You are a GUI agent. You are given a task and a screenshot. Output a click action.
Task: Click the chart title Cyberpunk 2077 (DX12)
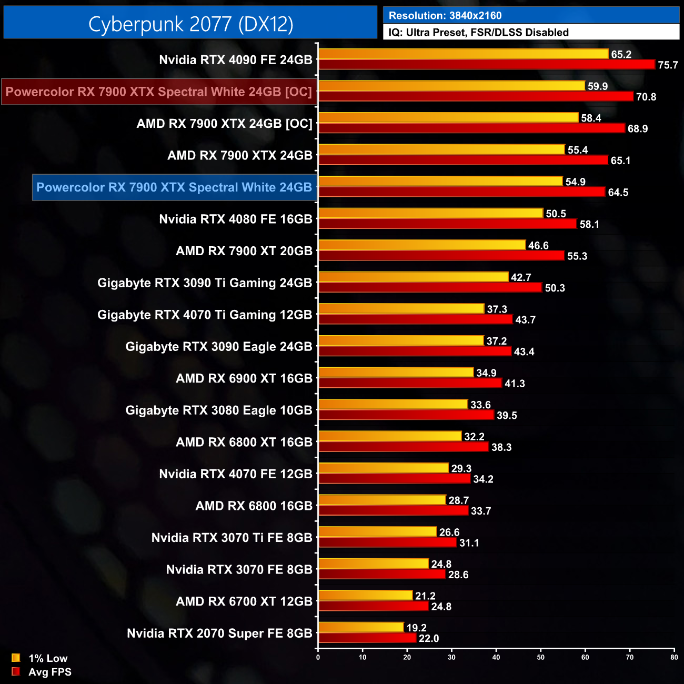coord(190,24)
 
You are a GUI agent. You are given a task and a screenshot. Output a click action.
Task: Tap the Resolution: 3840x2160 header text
coord(445,16)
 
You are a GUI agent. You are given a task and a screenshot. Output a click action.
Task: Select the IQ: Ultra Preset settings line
coord(478,33)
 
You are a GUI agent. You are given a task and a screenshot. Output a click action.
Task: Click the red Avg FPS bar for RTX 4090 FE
coord(487,65)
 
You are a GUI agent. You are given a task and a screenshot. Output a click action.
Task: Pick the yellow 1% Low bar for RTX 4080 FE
coord(430,213)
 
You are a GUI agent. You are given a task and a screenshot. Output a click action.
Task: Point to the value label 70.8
coord(646,97)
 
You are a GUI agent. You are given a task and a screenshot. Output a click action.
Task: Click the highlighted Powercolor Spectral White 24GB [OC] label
coord(159,92)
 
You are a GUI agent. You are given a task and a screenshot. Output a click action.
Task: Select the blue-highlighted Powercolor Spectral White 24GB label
coord(174,187)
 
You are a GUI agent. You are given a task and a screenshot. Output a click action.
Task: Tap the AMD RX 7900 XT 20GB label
coord(244,251)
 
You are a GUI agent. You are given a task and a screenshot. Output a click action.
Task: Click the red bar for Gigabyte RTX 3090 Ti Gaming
coord(430,287)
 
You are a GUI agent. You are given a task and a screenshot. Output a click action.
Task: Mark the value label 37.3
coord(497,309)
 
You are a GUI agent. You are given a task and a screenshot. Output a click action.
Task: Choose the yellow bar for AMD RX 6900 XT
coord(396,373)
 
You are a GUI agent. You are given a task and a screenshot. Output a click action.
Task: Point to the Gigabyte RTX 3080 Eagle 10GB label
coord(219,410)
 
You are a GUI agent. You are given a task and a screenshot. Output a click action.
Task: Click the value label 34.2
coord(483,479)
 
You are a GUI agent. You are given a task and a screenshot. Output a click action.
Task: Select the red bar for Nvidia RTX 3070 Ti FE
coord(387,542)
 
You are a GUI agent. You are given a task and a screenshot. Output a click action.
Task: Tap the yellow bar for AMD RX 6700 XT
coord(365,596)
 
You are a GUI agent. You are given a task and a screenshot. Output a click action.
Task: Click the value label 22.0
coord(429,639)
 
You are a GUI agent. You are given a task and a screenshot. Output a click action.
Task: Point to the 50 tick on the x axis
coord(541,657)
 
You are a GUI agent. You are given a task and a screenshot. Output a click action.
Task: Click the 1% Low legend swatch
coord(16,658)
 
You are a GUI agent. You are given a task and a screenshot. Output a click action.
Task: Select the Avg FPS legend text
coord(50,672)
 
